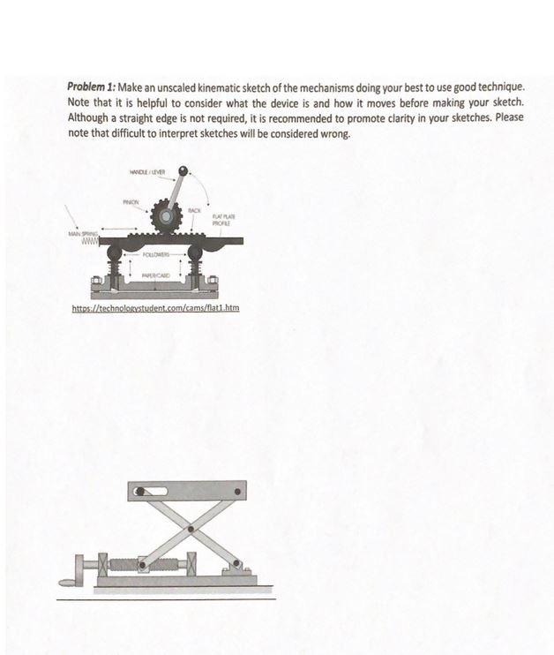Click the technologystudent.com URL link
point(155,308)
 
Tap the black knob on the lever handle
point(183,169)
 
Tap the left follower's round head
point(116,254)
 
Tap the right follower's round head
point(195,254)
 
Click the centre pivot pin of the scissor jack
point(190,529)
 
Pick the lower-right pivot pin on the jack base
point(236,565)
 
